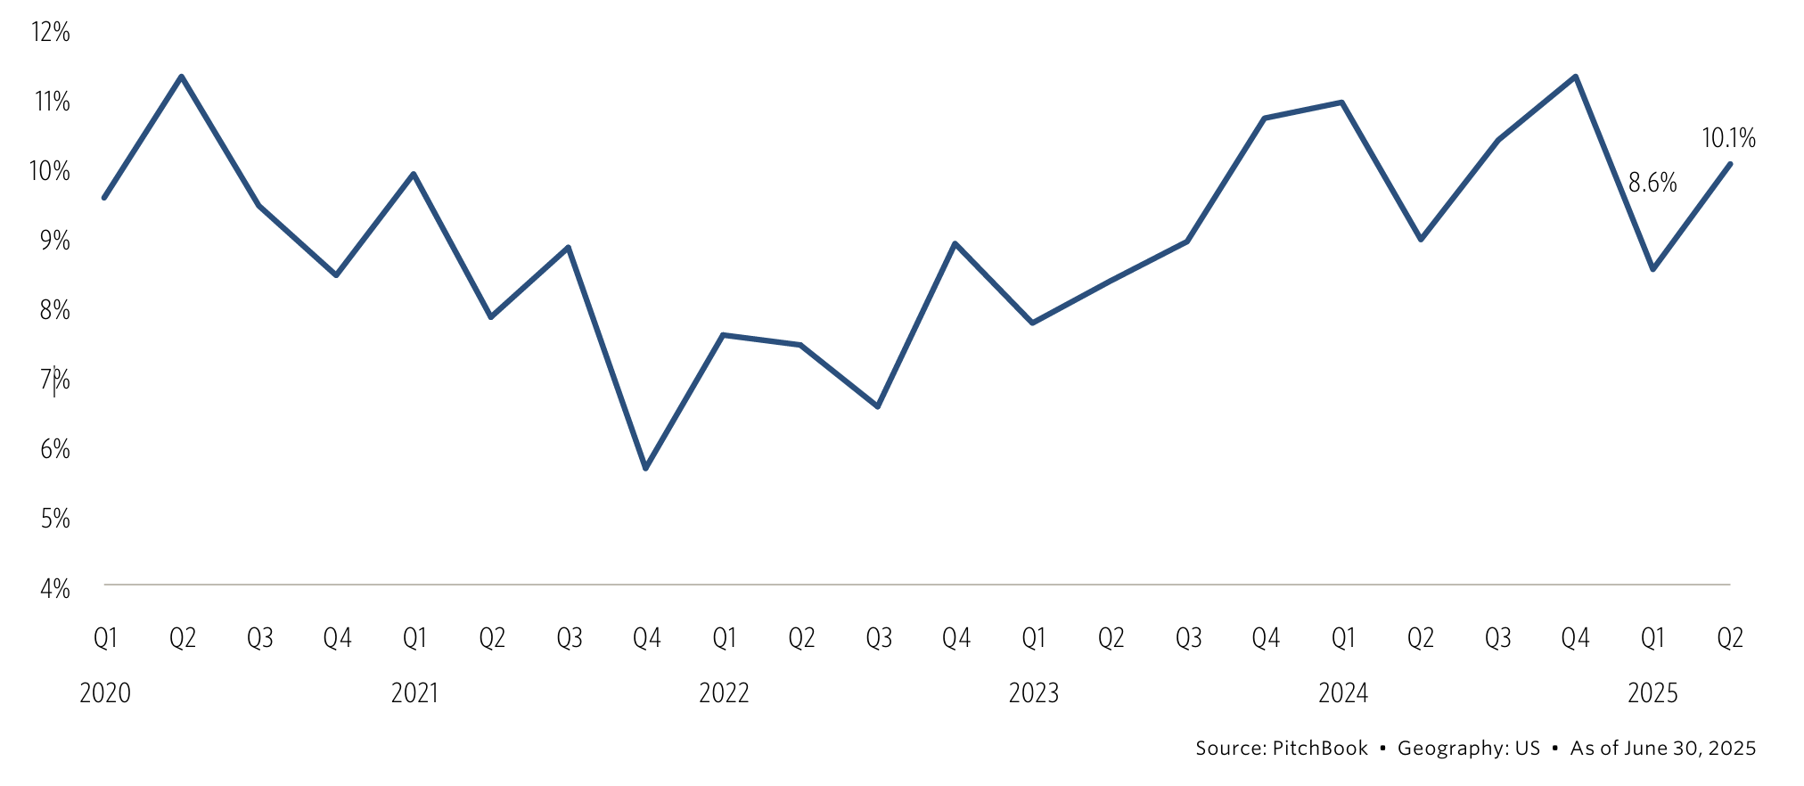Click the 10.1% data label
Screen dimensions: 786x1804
click(x=1728, y=138)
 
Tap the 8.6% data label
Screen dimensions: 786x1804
click(x=1652, y=183)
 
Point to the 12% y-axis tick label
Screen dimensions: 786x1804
click(x=51, y=32)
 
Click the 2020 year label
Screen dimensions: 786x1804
click(x=105, y=693)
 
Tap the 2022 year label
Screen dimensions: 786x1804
click(x=724, y=693)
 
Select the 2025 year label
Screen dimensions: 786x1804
click(x=1652, y=693)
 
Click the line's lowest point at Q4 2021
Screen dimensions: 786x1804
click(x=646, y=468)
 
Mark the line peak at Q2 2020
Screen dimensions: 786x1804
click(x=182, y=77)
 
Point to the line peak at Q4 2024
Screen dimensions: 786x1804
click(x=1575, y=77)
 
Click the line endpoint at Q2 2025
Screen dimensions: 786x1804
click(x=1730, y=164)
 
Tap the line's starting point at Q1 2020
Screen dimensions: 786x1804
click(x=104, y=197)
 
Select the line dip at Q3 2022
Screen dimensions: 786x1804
click(x=878, y=406)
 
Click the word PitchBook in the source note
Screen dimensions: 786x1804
click(x=1319, y=748)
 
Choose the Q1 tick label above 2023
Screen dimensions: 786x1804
click(x=1033, y=638)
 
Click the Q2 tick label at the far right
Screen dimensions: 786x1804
click(x=1730, y=638)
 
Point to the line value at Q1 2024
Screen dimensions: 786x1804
click(x=1342, y=102)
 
